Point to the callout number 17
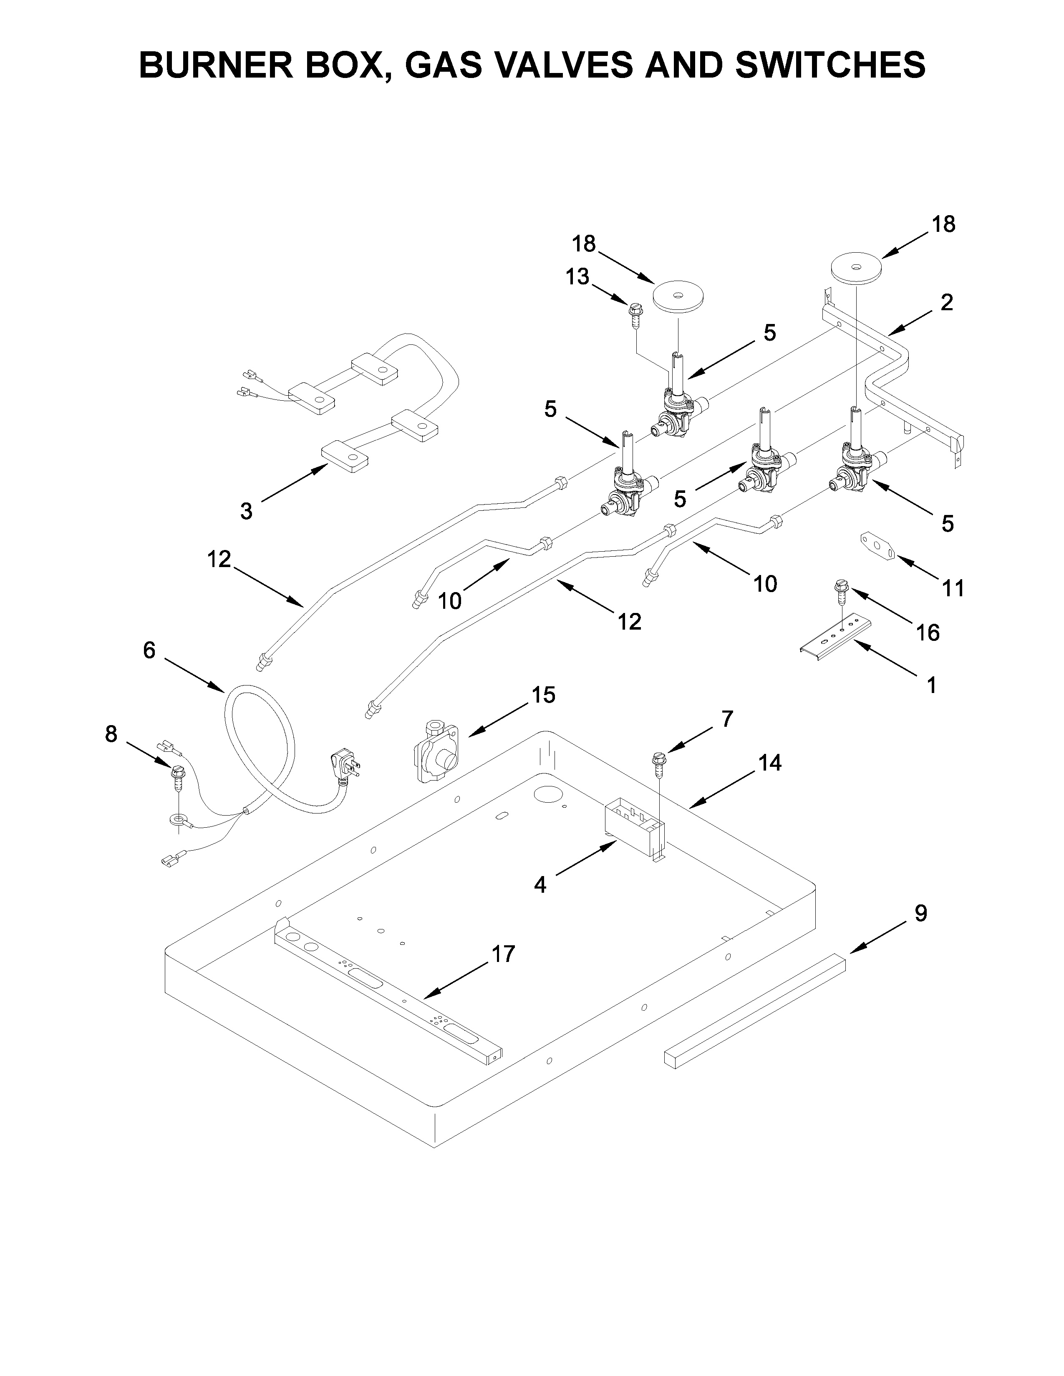click(x=503, y=954)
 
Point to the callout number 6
click(x=149, y=650)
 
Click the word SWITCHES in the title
click(x=830, y=65)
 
